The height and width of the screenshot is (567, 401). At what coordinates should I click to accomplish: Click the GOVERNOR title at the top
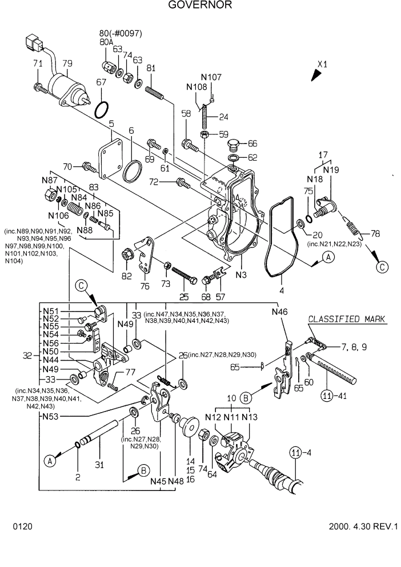coord(200,6)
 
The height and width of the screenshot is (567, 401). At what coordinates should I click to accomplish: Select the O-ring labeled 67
coord(102,109)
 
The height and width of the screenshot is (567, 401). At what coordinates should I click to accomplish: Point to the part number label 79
coord(67,63)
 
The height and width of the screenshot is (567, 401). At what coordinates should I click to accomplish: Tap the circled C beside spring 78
coord(382,266)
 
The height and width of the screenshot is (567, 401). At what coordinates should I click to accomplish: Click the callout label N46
coord(280,312)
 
